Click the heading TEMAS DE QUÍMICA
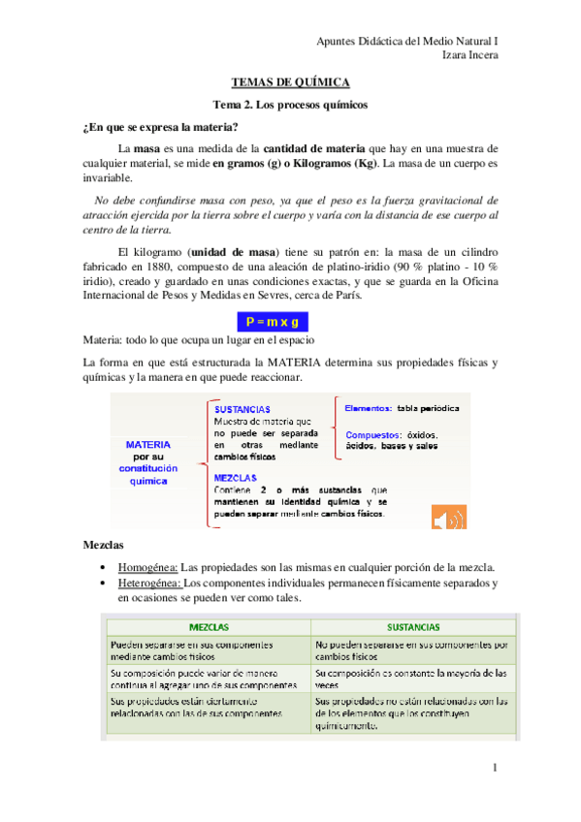(290, 84)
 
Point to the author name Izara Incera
(469, 55)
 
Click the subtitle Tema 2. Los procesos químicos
(290, 105)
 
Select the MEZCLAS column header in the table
(209, 627)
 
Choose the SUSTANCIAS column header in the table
(414, 627)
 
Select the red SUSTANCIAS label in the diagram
(242, 409)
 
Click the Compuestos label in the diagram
(372, 434)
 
